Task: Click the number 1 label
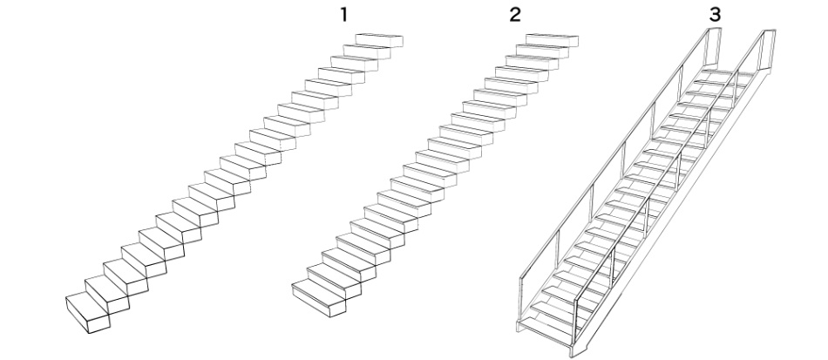[343, 15]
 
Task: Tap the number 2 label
[515, 15]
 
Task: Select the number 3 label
[715, 15]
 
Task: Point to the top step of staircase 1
[379, 40]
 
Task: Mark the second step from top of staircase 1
[366, 51]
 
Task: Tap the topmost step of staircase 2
[552, 40]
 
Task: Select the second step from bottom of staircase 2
[334, 281]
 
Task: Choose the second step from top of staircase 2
[542, 51]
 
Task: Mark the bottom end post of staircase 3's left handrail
[521, 299]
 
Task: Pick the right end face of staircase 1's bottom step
[98, 323]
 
